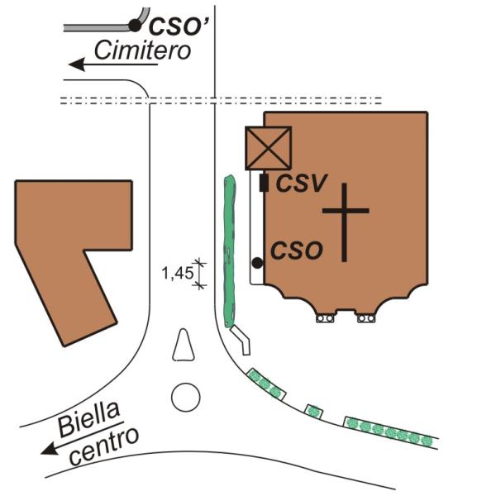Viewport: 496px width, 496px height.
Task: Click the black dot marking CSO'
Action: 135,26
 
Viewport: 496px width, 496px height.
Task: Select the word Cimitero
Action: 143,50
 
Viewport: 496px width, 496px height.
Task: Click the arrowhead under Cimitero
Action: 77,64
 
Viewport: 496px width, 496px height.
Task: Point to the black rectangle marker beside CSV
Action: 264,183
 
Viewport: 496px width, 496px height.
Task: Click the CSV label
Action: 301,184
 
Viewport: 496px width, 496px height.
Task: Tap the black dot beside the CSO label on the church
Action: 257,263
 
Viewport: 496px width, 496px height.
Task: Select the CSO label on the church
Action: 297,250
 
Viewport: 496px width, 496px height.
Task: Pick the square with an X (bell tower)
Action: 268,148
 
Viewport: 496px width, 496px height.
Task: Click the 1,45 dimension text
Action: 177,273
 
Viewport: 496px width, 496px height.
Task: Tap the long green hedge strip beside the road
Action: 230,251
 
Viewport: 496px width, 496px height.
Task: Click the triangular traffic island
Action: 184,346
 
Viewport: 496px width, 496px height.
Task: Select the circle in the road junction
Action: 186,398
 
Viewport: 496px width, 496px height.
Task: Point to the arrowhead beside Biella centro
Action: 50,450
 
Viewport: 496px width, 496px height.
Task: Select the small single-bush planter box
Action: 314,411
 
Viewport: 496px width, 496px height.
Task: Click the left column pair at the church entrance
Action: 325,318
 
